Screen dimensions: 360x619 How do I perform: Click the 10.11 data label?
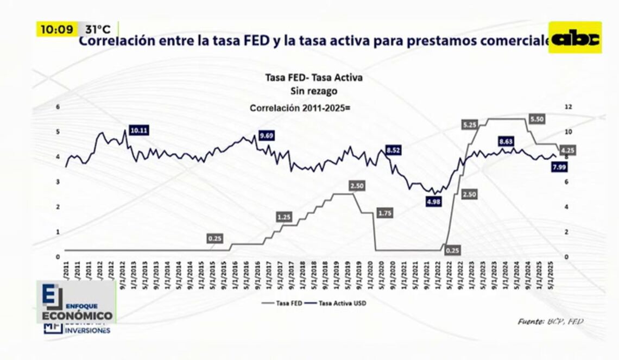pos(139,130)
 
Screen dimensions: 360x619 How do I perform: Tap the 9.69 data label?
pos(266,135)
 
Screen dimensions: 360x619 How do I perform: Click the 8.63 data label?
pos(506,142)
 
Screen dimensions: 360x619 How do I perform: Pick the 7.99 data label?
pos(559,167)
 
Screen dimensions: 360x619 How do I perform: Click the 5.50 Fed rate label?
pos(536,119)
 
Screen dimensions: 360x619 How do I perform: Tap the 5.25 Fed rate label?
pos(470,125)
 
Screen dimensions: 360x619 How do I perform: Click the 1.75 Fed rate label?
pos(384,213)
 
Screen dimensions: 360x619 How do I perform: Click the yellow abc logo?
pos(575,37)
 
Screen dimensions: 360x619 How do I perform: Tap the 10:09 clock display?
pos(57,29)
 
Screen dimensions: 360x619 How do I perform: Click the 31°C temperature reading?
pos(98,29)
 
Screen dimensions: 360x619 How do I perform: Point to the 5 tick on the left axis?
pos(58,132)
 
